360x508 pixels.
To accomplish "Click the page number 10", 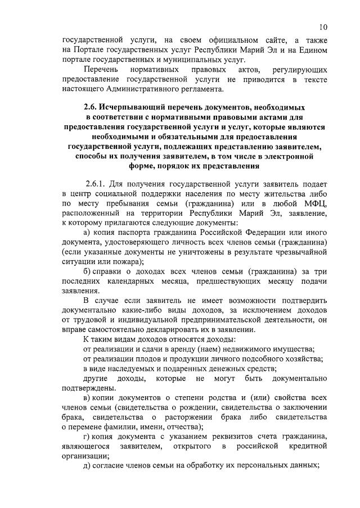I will click(322, 26).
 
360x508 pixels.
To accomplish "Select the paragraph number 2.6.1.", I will click(96, 184).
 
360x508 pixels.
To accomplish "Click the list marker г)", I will click(86, 437).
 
